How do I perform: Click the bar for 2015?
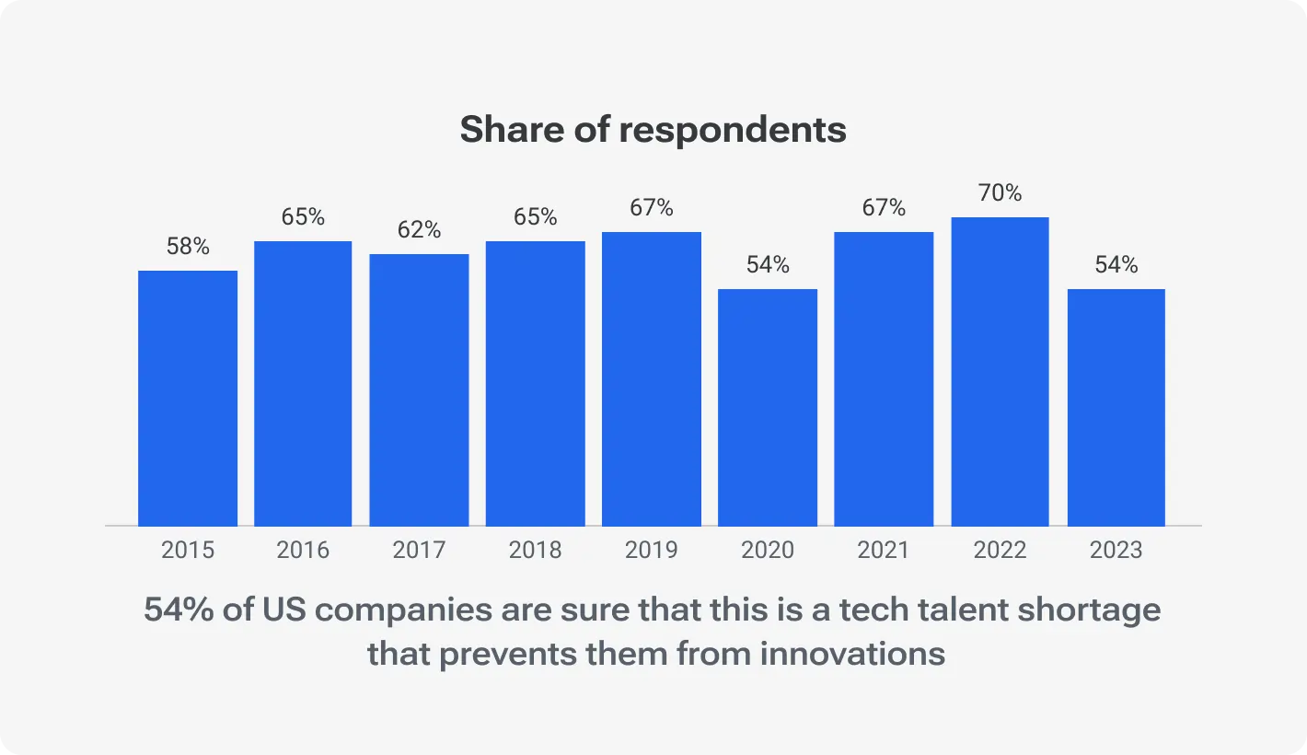coord(188,398)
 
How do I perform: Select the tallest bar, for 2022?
coord(1000,371)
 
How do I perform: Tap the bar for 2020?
coord(768,407)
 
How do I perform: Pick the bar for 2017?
coord(419,389)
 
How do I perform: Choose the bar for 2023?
coord(1116,407)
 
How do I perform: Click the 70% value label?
coord(1000,193)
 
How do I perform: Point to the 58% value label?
coord(188,247)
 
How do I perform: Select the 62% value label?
coord(419,230)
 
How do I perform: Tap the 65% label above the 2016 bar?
coord(303,217)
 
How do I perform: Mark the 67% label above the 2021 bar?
coord(884,208)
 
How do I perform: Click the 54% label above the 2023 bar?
coord(1116,265)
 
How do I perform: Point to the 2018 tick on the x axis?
coord(535,551)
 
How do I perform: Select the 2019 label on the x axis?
coord(651,551)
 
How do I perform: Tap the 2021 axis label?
coord(884,551)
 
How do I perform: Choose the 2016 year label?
coord(303,551)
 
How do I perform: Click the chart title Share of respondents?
coord(653,130)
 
